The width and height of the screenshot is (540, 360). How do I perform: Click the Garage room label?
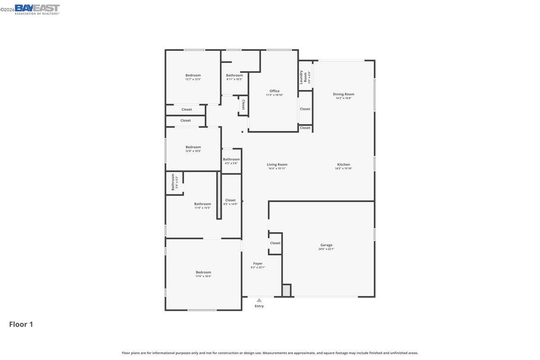(x=326, y=245)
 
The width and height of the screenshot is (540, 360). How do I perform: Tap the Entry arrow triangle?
(x=259, y=300)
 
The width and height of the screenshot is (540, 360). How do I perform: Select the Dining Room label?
(x=343, y=94)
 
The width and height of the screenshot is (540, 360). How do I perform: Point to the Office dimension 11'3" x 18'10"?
(x=274, y=95)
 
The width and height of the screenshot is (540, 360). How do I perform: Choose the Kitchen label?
(x=343, y=164)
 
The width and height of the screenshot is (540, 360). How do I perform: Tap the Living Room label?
(x=277, y=164)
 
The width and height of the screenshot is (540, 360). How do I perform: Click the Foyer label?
(x=257, y=263)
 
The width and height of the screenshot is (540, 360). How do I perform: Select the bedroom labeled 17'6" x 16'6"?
(x=203, y=272)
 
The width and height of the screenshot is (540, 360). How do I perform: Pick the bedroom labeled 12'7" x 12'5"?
(x=193, y=75)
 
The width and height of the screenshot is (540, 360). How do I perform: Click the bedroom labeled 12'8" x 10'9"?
(x=193, y=147)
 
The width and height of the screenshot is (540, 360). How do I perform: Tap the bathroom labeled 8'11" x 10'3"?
(x=234, y=75)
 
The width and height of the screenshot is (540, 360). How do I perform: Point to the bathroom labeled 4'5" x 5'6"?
(x=231, y=159)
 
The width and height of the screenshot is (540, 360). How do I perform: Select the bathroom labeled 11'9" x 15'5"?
(x=202, y=204)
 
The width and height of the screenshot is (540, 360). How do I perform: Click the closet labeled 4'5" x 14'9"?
(x=230, y=200)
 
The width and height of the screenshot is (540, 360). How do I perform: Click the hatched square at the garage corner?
(x=286, y=290)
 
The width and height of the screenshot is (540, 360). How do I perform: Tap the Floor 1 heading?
(x=21, y=324)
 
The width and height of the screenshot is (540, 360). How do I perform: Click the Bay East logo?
(x=37, y=9)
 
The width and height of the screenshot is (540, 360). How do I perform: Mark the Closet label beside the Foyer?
(x=275, y=243)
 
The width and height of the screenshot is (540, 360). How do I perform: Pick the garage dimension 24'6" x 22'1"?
(x=326, y=249)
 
